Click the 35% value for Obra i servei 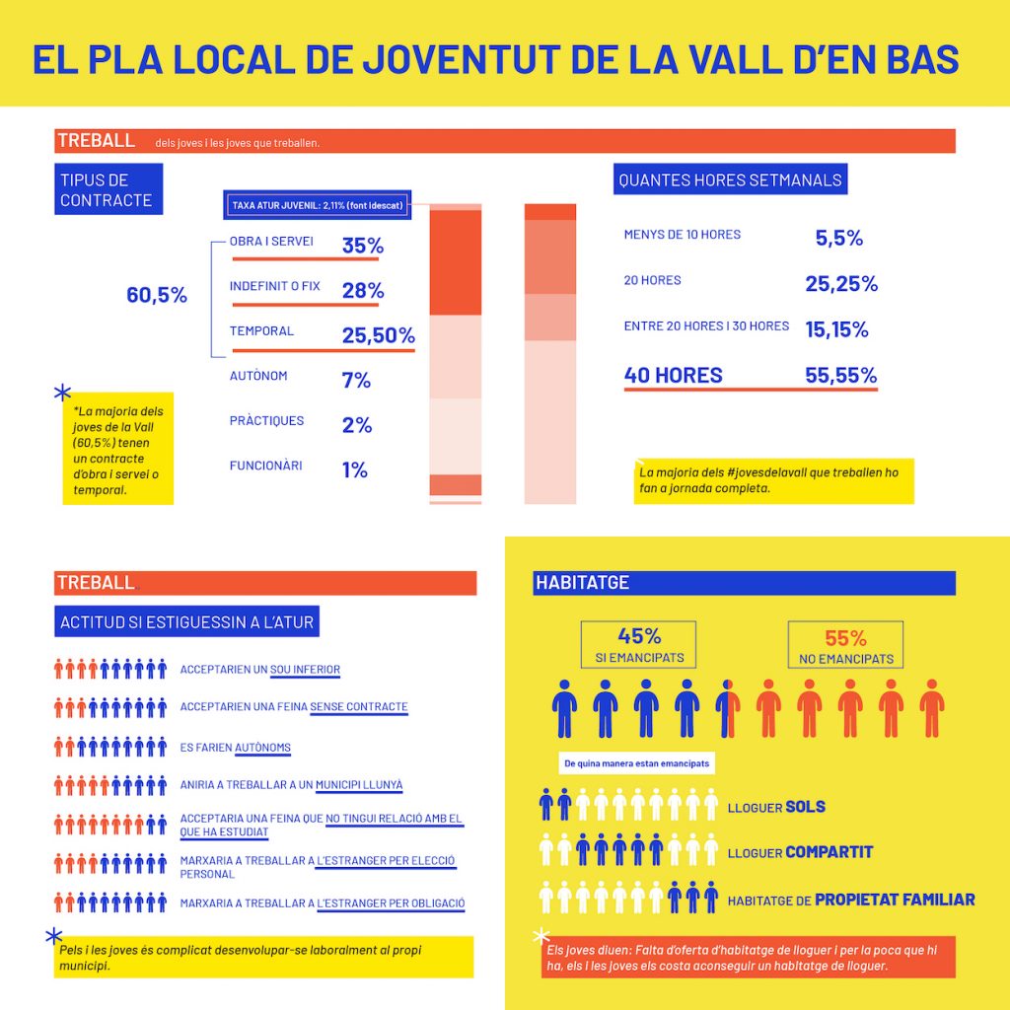pos(363,246)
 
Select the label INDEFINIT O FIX pos(275,286)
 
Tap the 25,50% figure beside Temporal pos(379,335)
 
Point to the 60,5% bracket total pos(157,295)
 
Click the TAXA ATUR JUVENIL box pos(317,205)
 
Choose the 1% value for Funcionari pos(355,470)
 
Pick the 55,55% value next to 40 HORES pos(840,375)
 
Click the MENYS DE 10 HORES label pos(682,235)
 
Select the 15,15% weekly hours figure pos(836,329)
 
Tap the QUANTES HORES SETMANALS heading pos(730,180)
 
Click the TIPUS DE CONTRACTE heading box pos(108,190)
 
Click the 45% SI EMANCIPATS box pos(638,645)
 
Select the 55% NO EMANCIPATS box pos(844,645)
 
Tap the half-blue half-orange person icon pos(728,707)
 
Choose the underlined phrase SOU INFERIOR pos(305,670)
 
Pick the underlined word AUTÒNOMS pos(262,748)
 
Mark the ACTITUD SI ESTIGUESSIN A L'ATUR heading pos(187,622)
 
